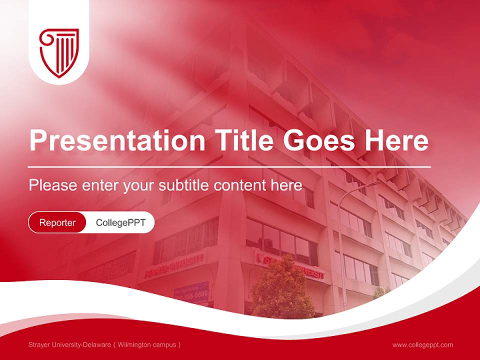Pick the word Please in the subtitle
52,185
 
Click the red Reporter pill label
57,222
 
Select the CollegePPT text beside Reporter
120,222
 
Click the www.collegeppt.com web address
422,344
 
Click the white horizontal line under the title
229,166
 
